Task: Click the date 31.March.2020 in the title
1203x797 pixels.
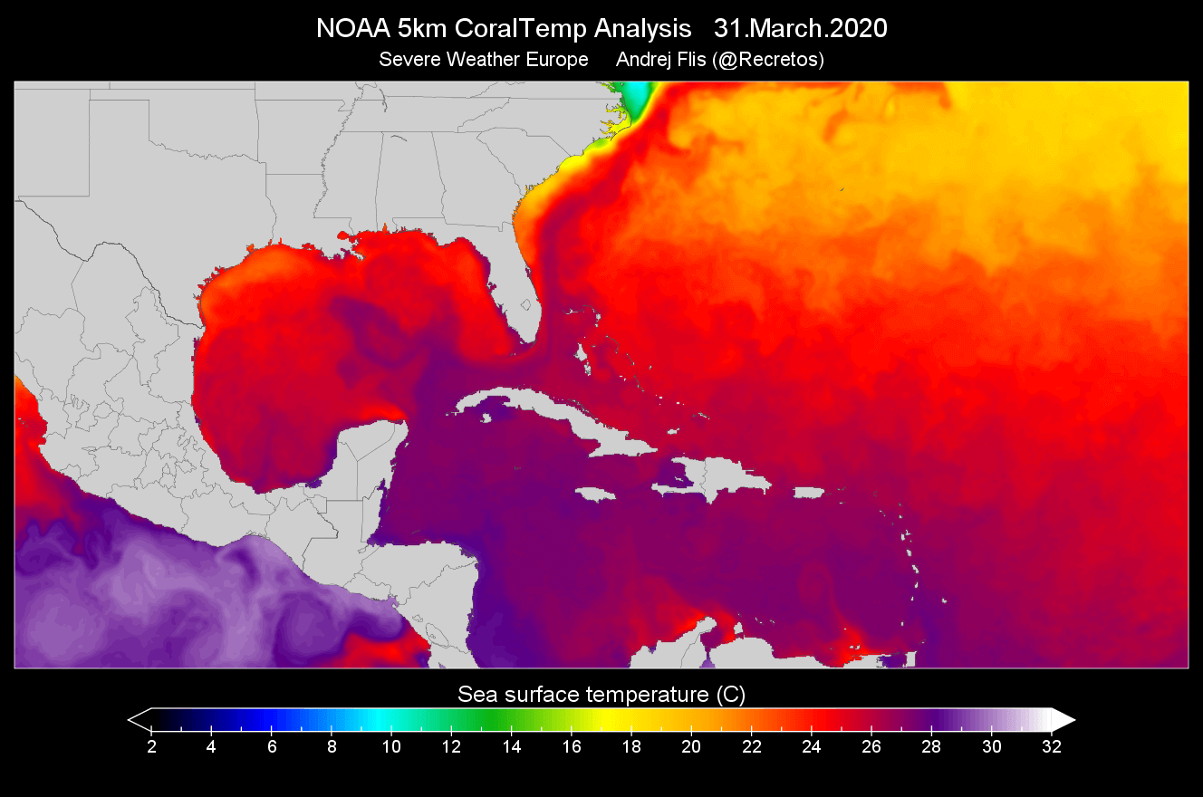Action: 800,29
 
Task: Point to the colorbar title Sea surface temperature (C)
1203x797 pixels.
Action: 601,695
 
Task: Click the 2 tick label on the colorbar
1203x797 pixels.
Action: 151,747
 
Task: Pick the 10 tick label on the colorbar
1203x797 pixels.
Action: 391,747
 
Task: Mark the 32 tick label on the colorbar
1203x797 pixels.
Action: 1052,747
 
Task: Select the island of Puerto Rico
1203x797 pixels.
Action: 809,492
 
